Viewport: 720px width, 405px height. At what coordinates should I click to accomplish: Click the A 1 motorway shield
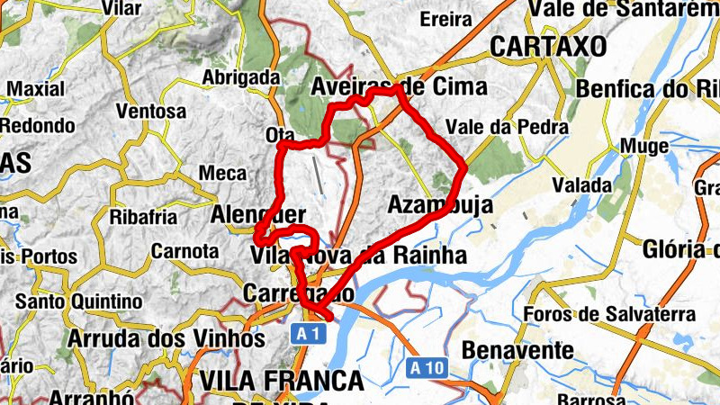306,334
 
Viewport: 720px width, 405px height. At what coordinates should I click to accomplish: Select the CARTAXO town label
548,46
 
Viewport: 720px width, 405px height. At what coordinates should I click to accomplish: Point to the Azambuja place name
440,205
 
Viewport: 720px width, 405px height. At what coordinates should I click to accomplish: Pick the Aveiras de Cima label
399,87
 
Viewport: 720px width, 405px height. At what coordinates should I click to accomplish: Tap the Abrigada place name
240,77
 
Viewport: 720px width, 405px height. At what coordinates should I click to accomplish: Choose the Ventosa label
151,112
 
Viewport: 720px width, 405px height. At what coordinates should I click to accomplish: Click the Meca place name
221,172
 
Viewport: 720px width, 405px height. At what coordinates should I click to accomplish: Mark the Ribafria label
139,217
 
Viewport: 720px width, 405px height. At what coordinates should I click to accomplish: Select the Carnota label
185,250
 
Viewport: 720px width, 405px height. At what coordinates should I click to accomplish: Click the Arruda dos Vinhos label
166,339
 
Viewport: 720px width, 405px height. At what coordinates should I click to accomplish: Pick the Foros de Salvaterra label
609,314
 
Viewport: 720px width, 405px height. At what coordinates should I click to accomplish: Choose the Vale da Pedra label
507,127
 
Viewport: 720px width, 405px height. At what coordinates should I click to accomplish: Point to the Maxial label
36,89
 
